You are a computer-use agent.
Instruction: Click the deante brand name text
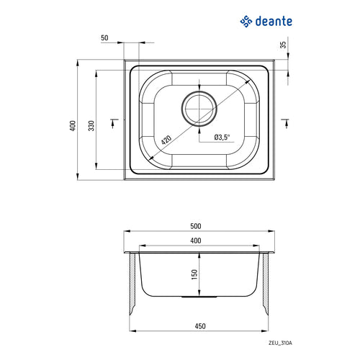274,22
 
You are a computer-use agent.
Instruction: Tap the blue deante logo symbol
246,22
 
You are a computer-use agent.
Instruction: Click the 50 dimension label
104,38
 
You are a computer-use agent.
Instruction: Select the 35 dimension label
284,45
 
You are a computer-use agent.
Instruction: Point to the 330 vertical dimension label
91,126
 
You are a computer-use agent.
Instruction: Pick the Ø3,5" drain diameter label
222,138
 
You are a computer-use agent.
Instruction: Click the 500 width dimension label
196,226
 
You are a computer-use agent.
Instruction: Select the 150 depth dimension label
194,274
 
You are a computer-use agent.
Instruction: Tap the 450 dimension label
200,326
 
